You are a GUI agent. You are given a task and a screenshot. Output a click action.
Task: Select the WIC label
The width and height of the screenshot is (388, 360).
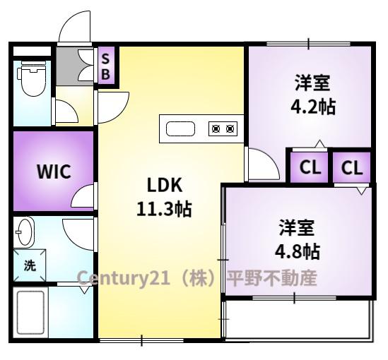pyautogui.click(x=54, y=172)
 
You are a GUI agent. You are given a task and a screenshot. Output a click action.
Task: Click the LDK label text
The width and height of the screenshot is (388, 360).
pyautogui.click(x=165, y=185)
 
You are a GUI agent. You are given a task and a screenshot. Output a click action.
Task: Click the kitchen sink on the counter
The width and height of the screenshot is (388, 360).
pyautogui.click(x=180, y=128)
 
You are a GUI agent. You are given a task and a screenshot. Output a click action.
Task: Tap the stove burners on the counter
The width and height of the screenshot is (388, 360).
pyautogui.click(x=222, y=128)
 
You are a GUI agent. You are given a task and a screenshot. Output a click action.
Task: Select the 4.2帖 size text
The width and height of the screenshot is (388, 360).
pyautogui.click(x=312, y=107)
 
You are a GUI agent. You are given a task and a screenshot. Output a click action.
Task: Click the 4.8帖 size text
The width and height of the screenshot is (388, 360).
pyautogui.click(x=296, y=250)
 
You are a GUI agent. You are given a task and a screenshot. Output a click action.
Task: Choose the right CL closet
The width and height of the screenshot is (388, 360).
pyautogui.click(x=352, y=169)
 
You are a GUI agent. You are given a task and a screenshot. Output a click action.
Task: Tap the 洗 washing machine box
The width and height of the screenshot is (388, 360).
pyautogui.click(x=29, y=265)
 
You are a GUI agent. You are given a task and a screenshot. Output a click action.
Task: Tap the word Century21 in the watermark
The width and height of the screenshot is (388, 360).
pyautogui.click(x=123, y=277)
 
